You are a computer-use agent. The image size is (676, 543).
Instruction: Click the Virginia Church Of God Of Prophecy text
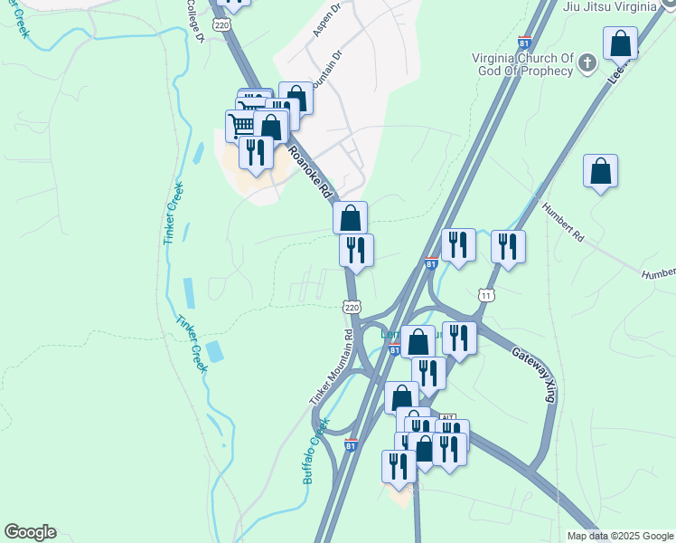tap(523, 65)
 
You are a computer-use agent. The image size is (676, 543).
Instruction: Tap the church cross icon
tap(587, 62)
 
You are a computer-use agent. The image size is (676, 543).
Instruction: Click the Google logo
tap(30, 532)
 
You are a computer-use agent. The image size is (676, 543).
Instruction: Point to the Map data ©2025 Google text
tap(619, 536)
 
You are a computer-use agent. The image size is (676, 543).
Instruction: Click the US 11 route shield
tap(487, 295)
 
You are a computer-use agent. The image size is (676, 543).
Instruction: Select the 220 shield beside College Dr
tap(222, 25)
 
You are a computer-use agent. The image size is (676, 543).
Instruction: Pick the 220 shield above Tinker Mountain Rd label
tap(352, 308)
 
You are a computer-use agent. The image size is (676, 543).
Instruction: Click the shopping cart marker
tap(240, 126)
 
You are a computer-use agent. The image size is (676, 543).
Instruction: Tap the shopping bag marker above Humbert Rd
tap(600, 172)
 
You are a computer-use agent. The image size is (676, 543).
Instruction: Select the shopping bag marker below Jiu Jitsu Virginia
tap(621, 43)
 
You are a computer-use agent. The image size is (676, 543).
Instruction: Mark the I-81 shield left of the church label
tap(524, 43)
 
